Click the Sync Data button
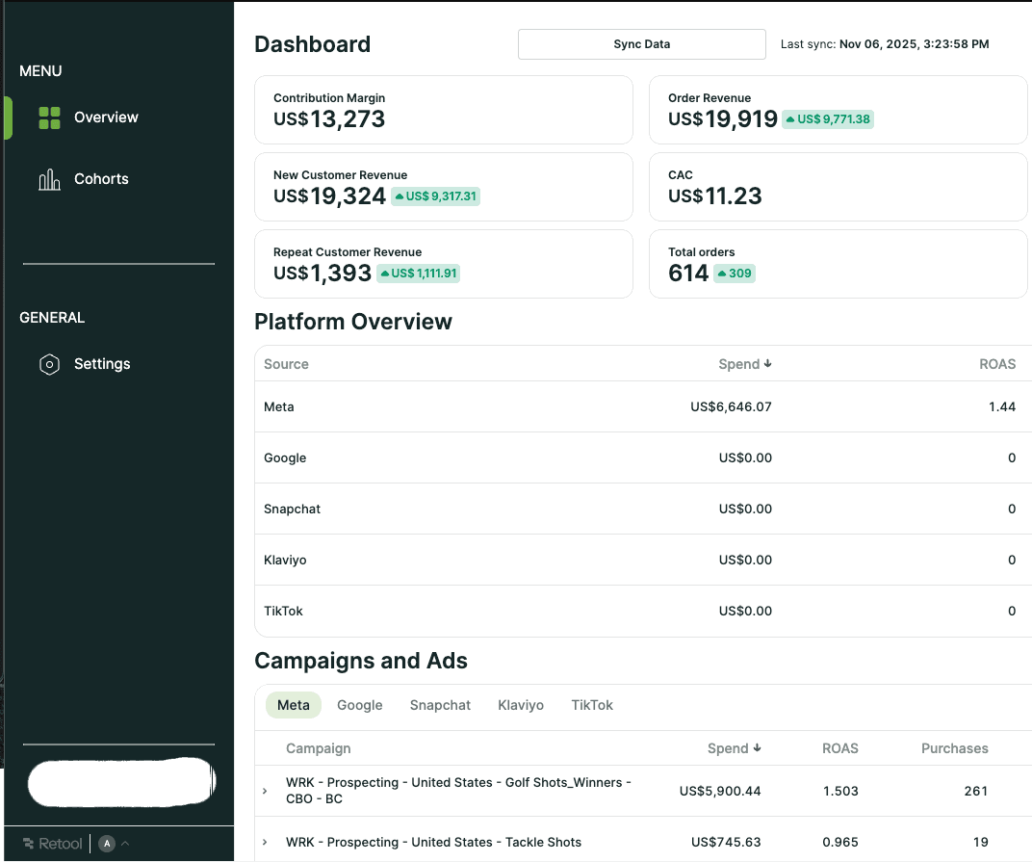641,44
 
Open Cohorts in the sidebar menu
100,179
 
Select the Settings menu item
101,364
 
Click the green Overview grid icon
49,118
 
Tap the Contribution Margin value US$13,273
329,119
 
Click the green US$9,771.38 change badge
828,119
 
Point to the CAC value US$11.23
715,196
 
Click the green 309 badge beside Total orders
735,274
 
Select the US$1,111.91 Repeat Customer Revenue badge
419,274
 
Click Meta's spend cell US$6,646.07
731,407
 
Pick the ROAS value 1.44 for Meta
1001,407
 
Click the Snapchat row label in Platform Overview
292,509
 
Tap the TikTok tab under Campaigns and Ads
592,705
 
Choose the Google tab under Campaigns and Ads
360,705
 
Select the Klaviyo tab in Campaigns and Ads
521,705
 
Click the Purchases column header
954,748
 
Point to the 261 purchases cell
975,792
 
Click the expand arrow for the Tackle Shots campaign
265,843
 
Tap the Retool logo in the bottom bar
54,844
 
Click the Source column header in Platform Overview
286,364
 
